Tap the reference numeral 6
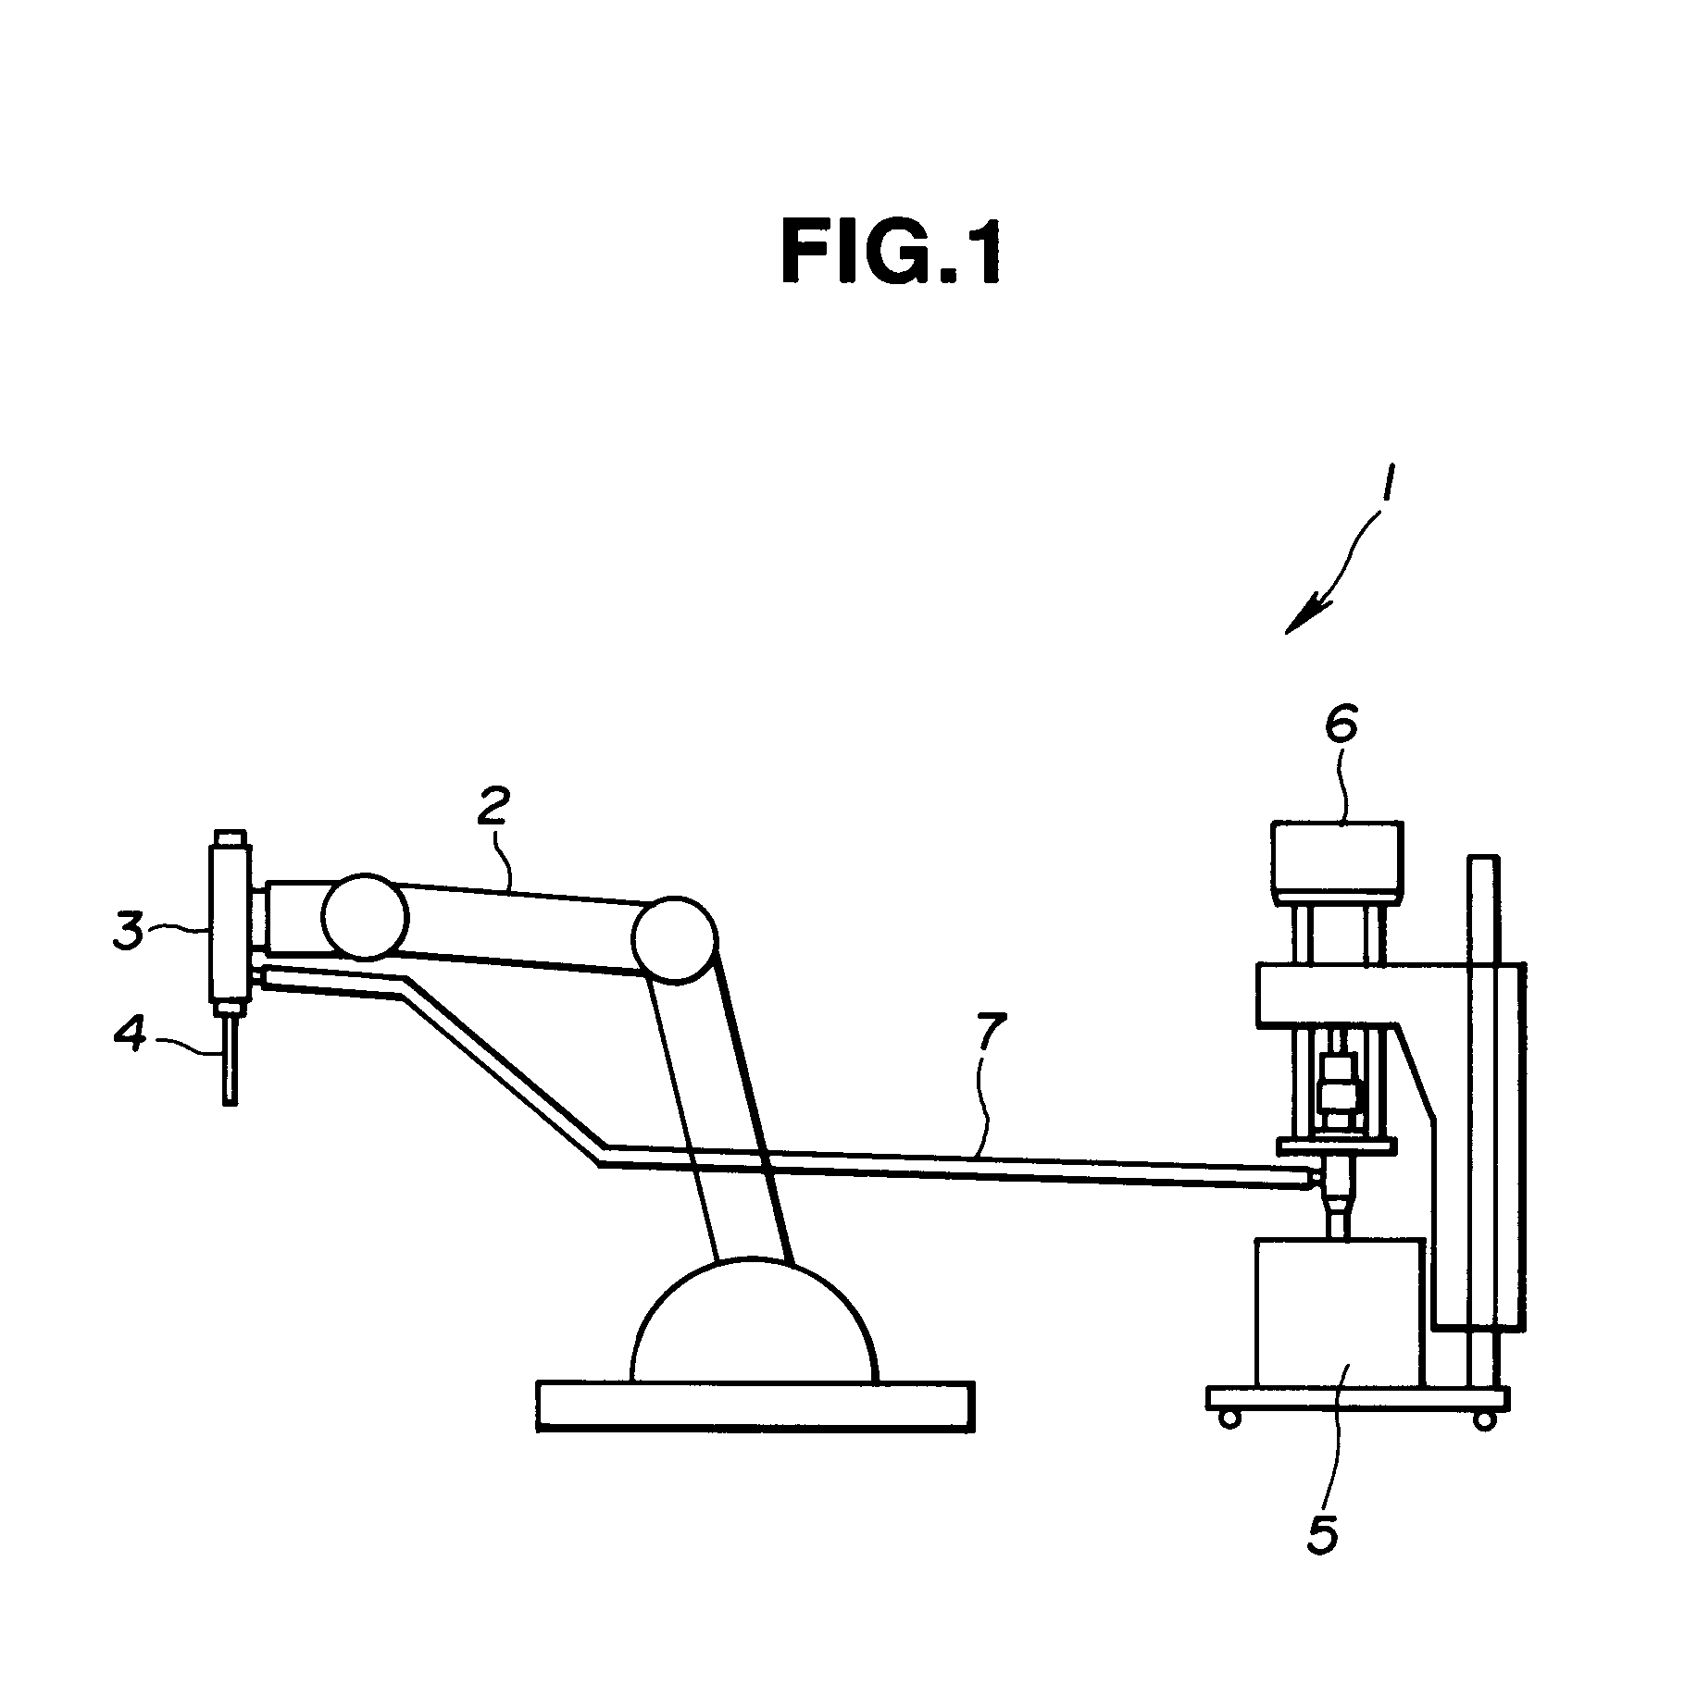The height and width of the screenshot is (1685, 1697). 1341,727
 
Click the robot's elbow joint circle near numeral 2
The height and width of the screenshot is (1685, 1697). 675,939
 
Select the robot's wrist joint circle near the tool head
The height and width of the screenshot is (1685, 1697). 365,916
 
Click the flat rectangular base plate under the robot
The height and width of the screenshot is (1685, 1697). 755,1407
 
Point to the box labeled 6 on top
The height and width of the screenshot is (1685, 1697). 1338,863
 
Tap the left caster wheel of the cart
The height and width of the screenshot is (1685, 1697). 1230,1419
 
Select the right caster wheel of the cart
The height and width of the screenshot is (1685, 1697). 1483,1419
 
